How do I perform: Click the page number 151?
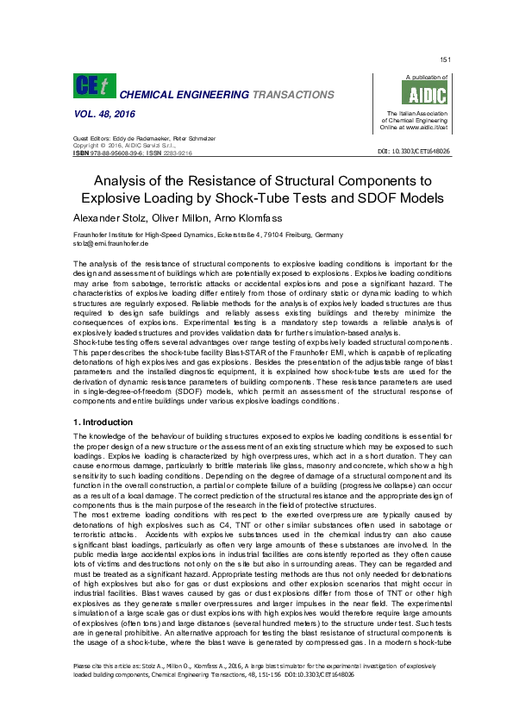[445, 59]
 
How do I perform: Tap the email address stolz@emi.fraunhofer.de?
[111, 245]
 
